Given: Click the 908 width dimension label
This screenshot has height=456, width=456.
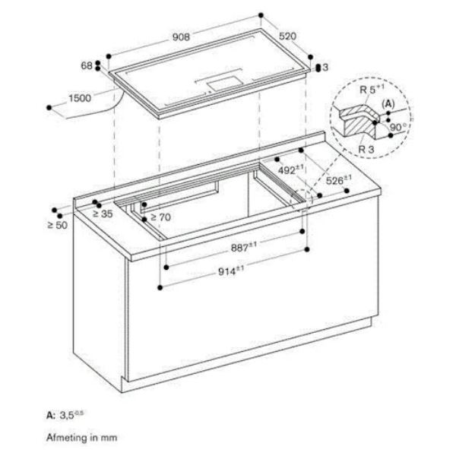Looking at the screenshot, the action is (x=181, y=37).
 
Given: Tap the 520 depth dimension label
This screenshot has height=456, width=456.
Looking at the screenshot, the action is (x=287, y=36).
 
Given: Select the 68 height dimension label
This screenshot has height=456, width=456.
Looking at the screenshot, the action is (x=87, y=65).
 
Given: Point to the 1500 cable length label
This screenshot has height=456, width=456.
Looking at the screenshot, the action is (x=80, y=98).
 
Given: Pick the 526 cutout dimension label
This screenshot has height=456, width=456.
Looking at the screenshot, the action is (x=338, y=179).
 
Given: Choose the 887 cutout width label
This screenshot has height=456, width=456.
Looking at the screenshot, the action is (x=244, y=247).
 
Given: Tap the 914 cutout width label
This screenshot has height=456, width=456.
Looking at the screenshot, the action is (x=231, y=271).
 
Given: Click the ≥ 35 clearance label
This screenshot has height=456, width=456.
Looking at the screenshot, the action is (x=103, y=214).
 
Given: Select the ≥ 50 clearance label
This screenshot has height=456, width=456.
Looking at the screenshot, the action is (x=57, y=225).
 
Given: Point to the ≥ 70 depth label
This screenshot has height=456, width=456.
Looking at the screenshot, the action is (x=161, y=217).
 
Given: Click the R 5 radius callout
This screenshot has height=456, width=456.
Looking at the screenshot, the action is (x=372, y=89).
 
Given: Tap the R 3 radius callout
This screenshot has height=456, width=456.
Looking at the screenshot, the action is (x=366, y=150).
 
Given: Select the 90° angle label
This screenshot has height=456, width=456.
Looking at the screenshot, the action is (x=398, y=127).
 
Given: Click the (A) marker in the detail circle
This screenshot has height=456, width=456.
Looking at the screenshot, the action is (x=388, y=104).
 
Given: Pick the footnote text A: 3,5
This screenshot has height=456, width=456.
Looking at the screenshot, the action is (x=65, y=415).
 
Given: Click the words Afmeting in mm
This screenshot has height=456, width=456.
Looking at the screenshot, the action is (x=82, y=438).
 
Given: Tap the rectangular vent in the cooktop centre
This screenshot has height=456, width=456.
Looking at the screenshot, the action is (x=224, y=84).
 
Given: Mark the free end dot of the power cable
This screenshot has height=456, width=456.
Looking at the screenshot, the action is (x=49, y=108).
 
